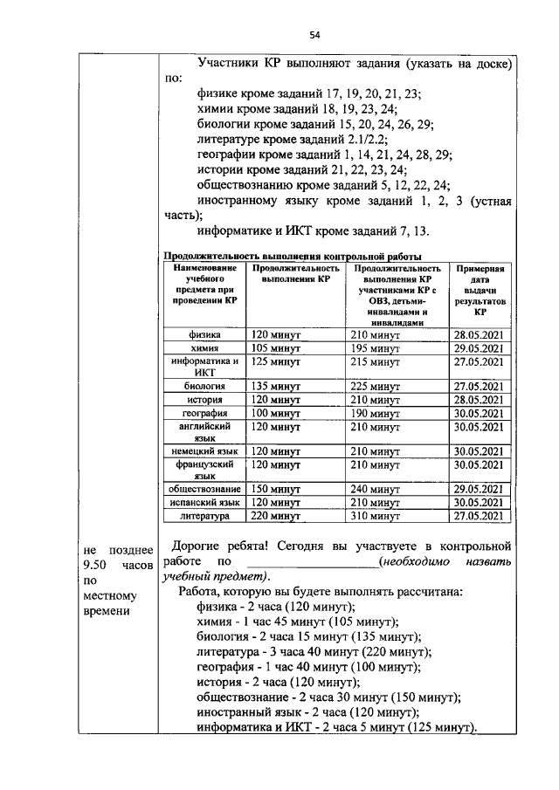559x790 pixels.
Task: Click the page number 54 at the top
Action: point(315,35)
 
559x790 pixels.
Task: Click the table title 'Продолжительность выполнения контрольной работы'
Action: point(293,255)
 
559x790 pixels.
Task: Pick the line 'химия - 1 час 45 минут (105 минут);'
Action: point(298,622)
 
